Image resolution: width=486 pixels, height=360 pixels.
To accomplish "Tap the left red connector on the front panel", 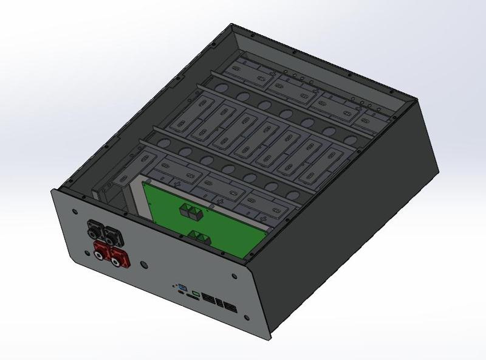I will pyautogui.click(x=100, y=249).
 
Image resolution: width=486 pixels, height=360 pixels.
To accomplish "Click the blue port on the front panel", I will pyautogui.click(x=181, y=287).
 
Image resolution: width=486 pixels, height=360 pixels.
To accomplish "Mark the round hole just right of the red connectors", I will pyautogui.click(x=143, y=266).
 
